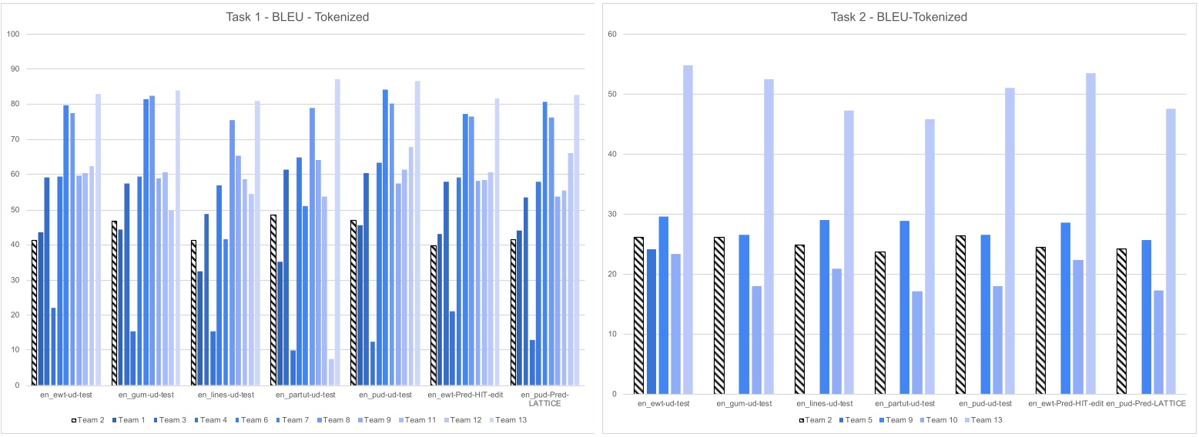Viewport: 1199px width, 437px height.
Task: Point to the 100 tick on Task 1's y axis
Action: click(x=12, y=34)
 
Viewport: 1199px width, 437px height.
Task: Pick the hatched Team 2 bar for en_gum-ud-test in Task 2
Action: click(x=719, y=315)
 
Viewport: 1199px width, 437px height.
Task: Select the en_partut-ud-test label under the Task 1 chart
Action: click(x=306, y=395)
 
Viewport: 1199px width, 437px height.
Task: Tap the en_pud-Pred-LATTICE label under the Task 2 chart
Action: click(x=1145, y=403)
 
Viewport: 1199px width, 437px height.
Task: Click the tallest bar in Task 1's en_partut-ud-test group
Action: click(x=337, y=232)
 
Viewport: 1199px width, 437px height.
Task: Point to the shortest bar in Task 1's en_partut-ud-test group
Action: click(x=331, y=372)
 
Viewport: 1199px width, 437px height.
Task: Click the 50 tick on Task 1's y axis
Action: click(x=14, y=209)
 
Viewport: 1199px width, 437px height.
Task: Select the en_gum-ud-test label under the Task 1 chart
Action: click(x=146, y=395)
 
